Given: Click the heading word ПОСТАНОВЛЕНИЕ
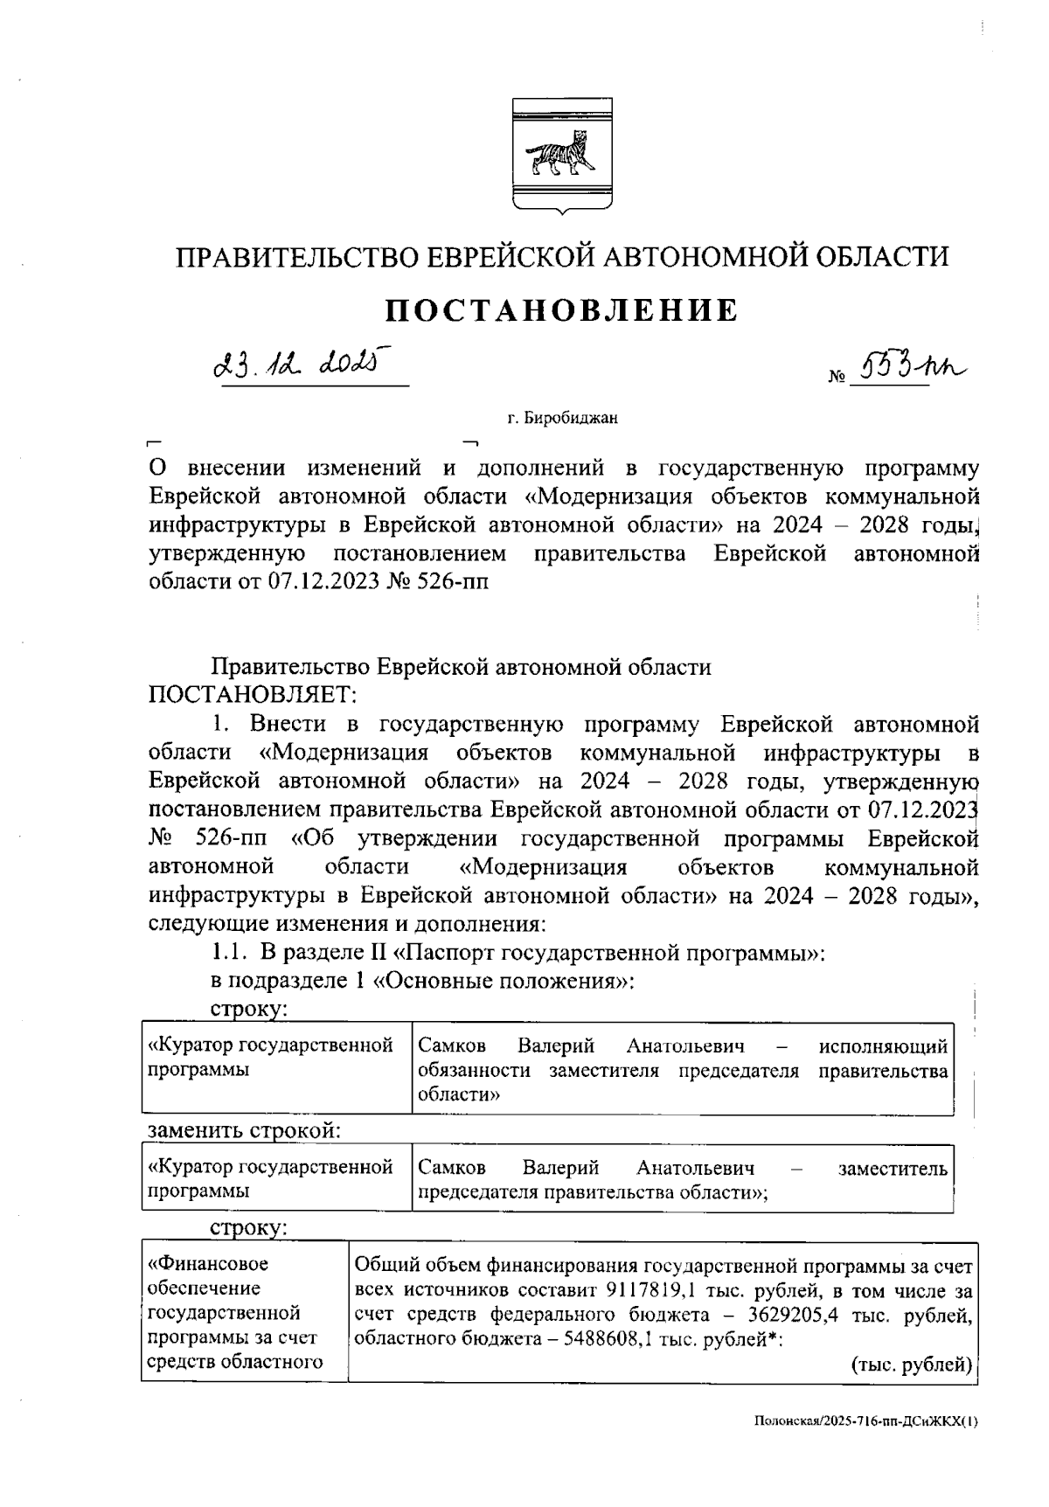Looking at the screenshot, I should point(562,310).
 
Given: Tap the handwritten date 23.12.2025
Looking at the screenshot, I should point(298,363).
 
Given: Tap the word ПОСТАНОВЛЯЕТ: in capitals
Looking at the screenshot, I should point(253,696).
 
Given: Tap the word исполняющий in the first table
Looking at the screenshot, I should point(883,1045).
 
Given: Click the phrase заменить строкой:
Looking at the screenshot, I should point(244,1129).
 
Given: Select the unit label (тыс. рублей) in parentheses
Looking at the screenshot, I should point(912,1365).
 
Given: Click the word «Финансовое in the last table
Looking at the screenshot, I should point(208,1263).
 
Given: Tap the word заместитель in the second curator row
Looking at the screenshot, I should point(892,1168).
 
